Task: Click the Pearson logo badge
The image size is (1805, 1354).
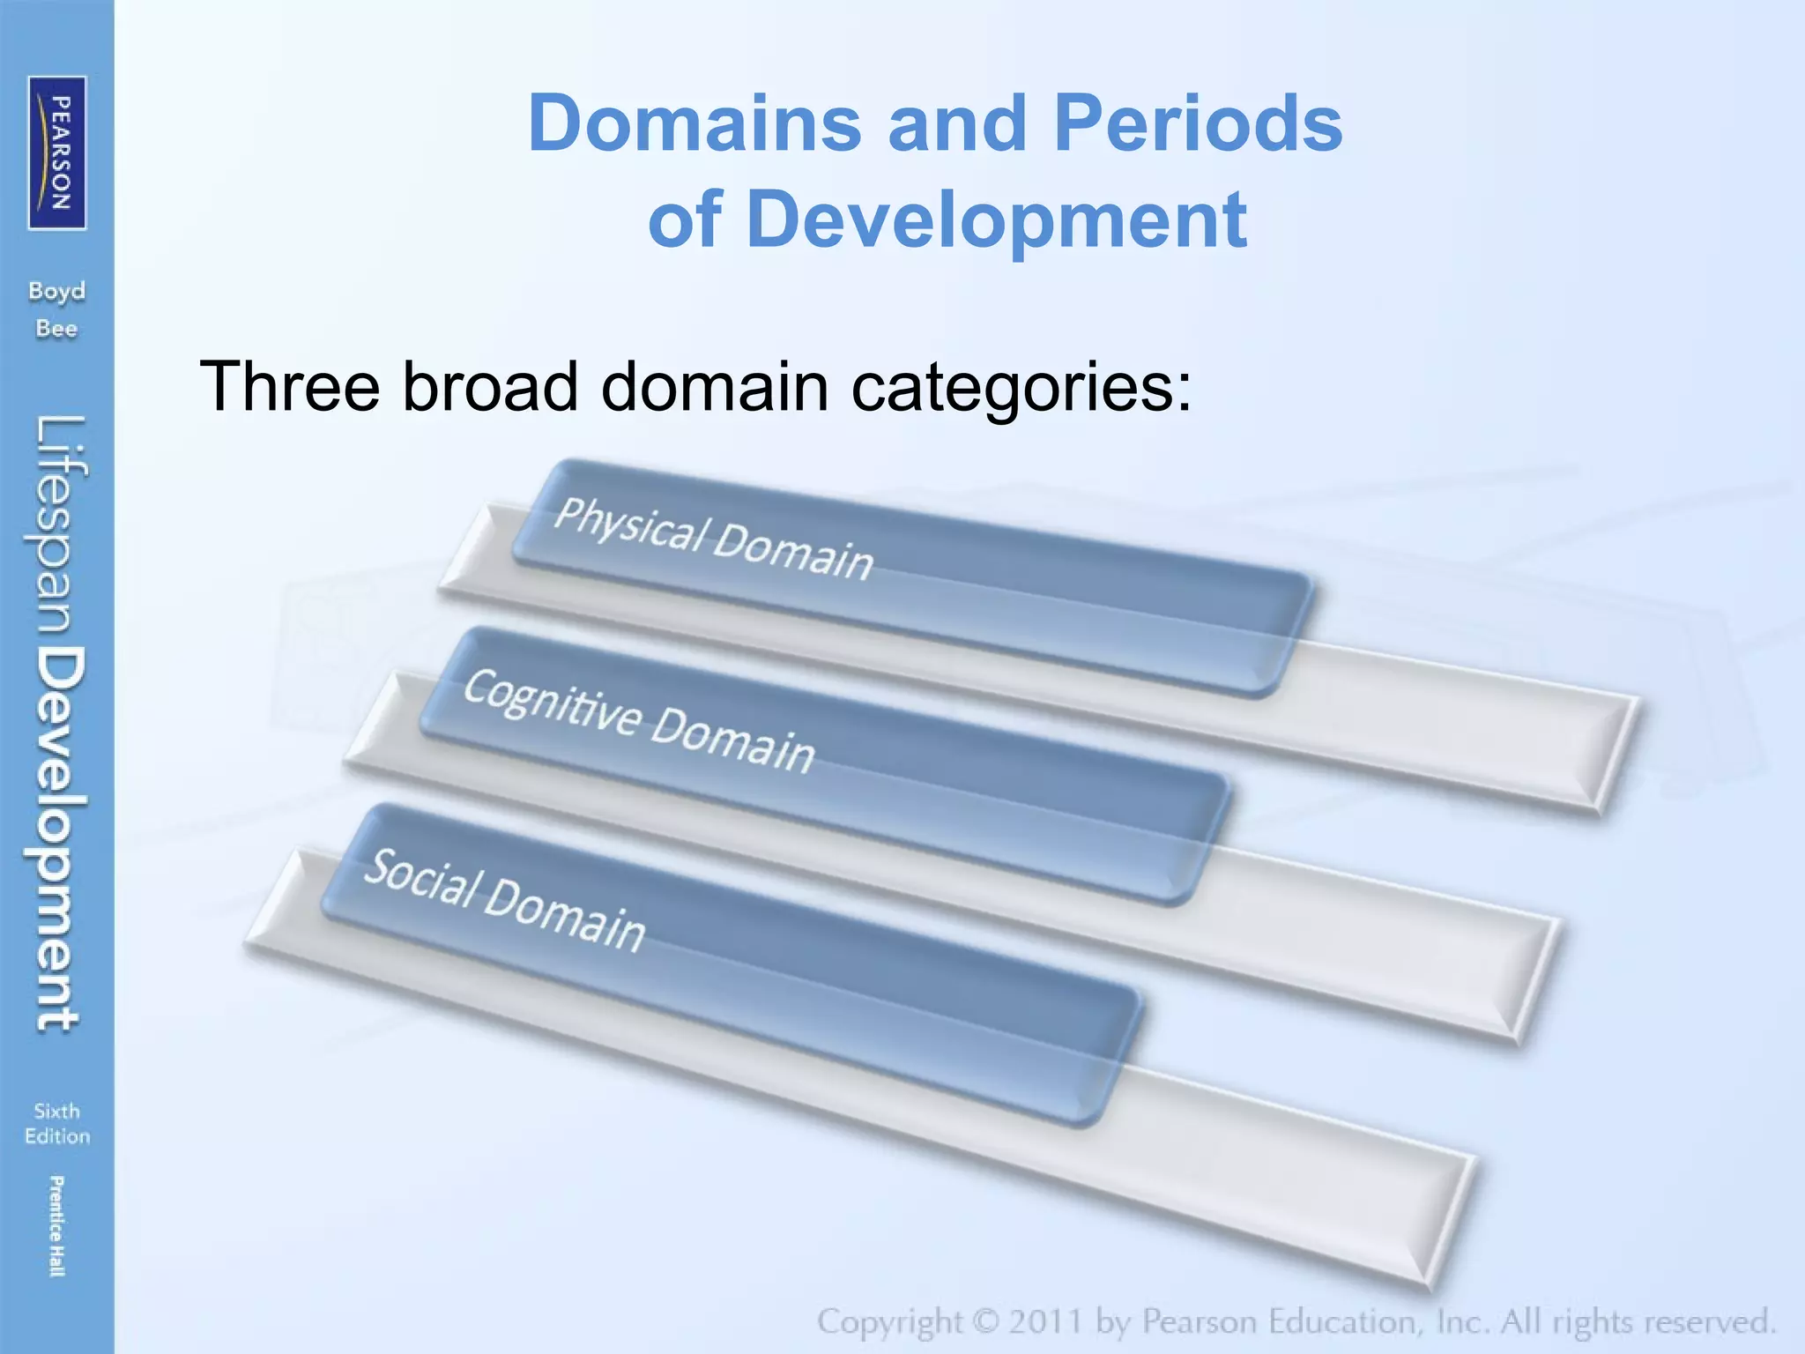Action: [57, 153]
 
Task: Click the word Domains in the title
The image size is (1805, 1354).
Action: [695, 124]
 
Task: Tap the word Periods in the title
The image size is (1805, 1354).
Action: [1198, 124]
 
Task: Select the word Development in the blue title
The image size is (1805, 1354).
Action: [996, 219]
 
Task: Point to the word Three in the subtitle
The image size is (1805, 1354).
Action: [290, 386]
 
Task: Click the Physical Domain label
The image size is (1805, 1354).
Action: [713, 538]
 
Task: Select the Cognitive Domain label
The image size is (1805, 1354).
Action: [638, 720]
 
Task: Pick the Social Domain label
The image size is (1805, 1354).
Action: [504, 900]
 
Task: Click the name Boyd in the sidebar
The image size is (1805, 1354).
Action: [57, 291]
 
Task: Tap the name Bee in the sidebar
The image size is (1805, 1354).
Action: [57, 329]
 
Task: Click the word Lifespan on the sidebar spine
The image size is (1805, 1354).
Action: [60, 527]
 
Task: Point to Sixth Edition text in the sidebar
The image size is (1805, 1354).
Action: [57, 1123]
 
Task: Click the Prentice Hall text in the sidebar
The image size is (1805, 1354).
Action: [56, 1225]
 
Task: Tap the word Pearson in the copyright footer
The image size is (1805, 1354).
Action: [1200, 1322]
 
